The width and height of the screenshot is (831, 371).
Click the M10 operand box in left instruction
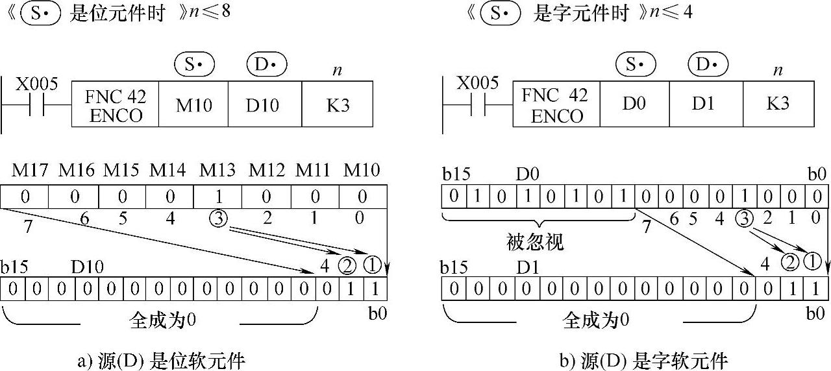coord(193,104)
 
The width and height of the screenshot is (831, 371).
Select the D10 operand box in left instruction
coord(265,104)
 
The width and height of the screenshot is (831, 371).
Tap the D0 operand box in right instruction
coord(634,104)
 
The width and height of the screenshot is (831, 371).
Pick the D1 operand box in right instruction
coord(706,104)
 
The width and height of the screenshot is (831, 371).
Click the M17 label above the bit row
coord(30,170)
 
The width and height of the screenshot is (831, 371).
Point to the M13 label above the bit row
coord(217,170)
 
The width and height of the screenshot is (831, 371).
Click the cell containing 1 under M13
coord(217,197)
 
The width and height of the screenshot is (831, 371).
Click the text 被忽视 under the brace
coord(535,243)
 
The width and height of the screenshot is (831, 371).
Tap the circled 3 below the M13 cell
coord(219,219)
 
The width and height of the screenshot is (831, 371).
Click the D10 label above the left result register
coord(87,267)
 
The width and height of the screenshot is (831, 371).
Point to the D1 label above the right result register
coord(528,267)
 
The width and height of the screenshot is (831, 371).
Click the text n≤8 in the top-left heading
coord(210,12)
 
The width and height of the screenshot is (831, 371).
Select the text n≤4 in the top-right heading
coord(671,12)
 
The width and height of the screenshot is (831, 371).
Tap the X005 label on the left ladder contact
coord(37,84)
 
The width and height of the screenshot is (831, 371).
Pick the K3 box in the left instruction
coord(337,104)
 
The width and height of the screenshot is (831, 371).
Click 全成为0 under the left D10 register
coord(162,320)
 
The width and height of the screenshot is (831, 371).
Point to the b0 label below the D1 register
coord(815,313)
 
